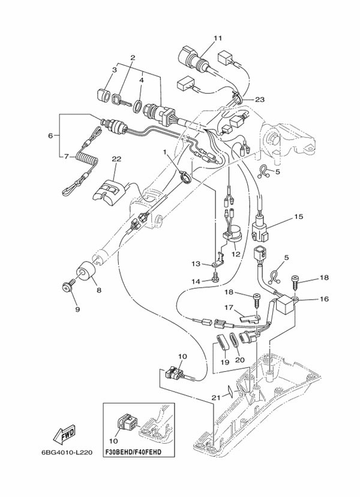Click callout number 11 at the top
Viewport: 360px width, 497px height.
(217, 38)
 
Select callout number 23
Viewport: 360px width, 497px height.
(259, 100)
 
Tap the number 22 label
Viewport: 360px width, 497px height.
(116, 159)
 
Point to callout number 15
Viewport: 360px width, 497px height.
(298, 216)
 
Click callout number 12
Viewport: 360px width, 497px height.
(236, 254)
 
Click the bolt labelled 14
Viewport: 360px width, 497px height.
(215, 277)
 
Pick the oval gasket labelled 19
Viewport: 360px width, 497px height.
(221, 346)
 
